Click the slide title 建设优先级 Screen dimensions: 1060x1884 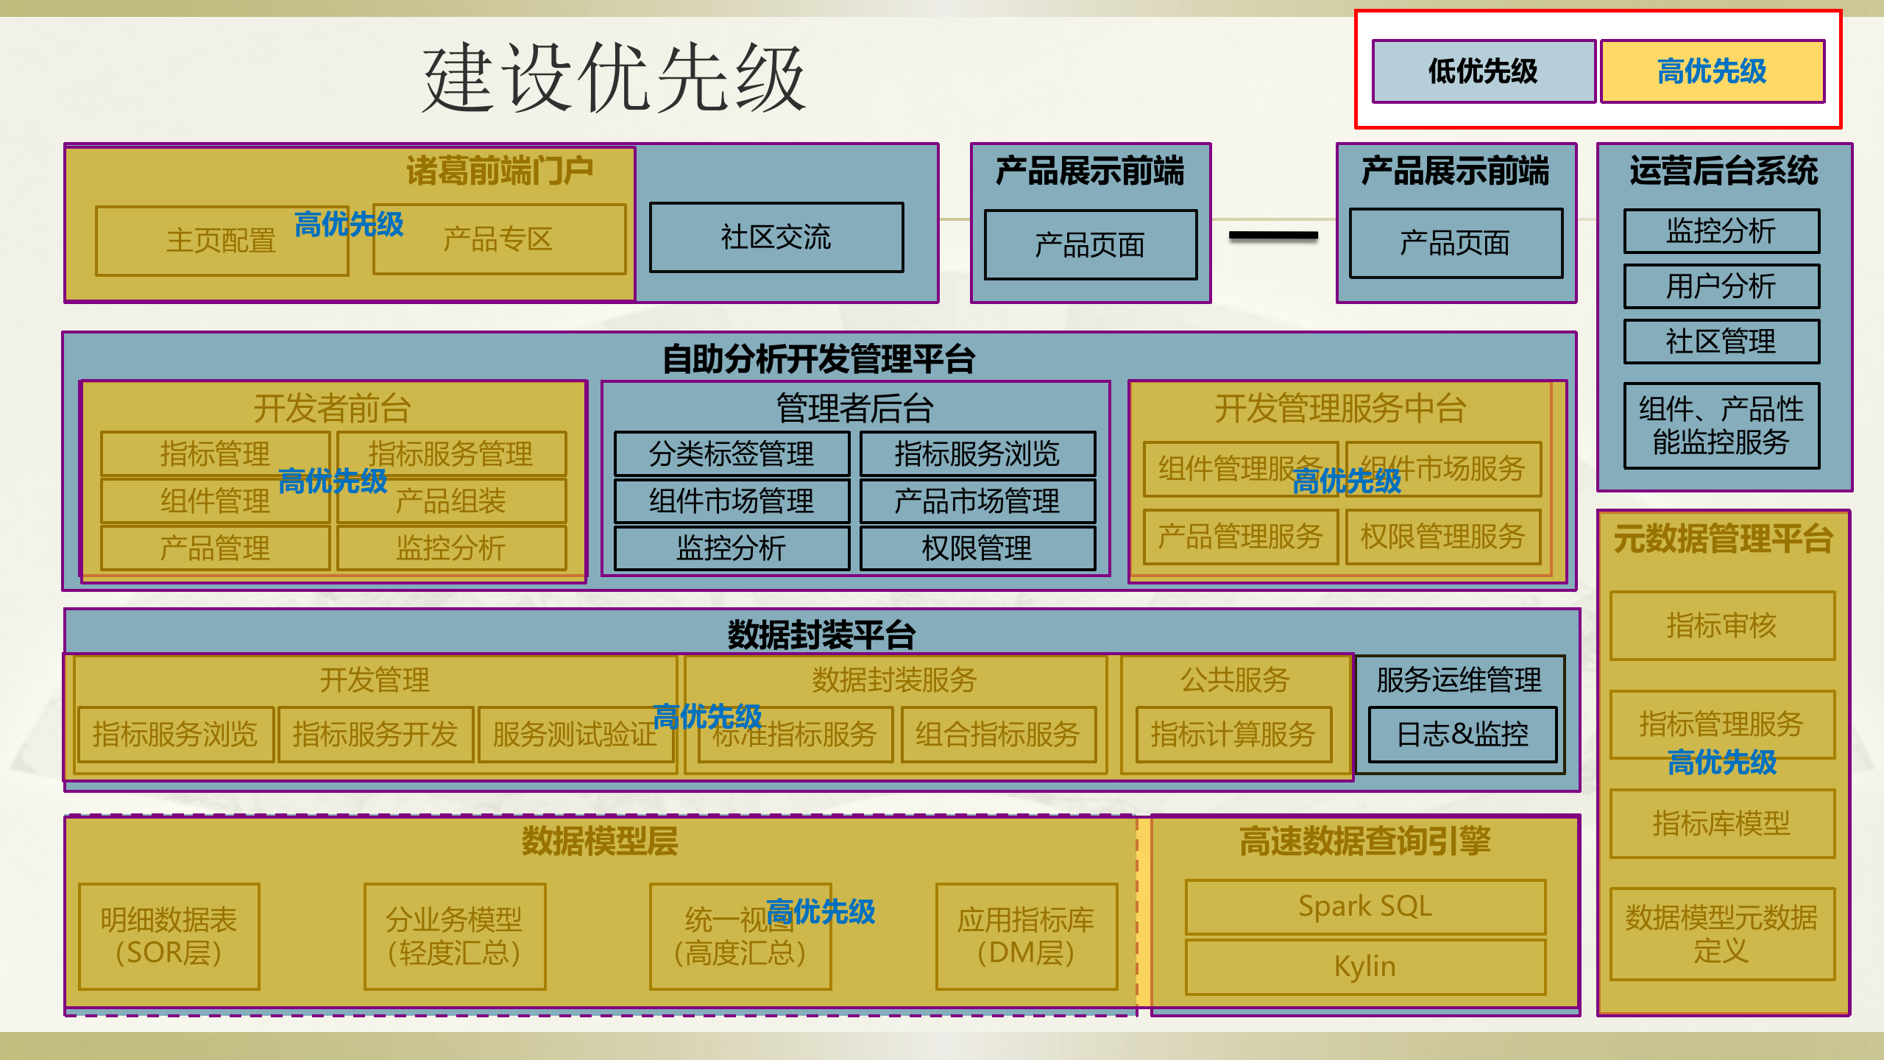[614, 78]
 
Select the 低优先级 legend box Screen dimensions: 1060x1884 [1483, 71]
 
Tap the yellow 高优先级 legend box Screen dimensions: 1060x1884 [1712, 71]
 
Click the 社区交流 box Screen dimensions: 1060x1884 [776, 238]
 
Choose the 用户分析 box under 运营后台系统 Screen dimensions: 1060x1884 [1721, 286]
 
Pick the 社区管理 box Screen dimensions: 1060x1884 [1721, 342]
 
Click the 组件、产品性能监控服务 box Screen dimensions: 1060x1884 [1721, 425]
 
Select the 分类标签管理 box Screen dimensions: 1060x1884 [731, 453]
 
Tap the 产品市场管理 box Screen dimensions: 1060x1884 [977, 501]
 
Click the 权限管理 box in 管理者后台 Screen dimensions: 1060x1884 [977, 548]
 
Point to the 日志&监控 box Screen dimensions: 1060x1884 [1462, 735]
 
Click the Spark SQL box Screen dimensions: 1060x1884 [1364, 907]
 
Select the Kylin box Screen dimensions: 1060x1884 [1364, 967]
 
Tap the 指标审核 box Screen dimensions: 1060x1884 [1721, 626]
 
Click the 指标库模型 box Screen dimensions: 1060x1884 [1721, 823]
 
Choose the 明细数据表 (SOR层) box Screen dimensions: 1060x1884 [169, 936]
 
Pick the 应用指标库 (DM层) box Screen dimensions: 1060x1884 [1025, 936]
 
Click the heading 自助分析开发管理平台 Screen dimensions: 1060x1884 [818, 359]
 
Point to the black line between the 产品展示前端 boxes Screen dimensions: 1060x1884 [1273, 236]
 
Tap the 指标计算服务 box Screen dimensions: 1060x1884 [1233, 735]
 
